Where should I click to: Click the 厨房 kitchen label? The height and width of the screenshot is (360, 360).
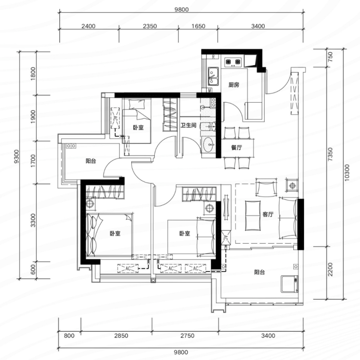(234, 85)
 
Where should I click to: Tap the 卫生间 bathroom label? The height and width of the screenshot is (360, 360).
(188, 126)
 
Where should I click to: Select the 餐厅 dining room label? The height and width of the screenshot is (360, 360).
(236, 147)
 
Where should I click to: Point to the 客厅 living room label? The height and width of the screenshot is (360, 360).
(268, 214)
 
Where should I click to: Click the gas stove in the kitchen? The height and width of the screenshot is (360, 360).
(233, 62)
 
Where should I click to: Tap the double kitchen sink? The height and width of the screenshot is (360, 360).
(214, 76)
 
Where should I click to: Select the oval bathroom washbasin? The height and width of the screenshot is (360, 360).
(209, 144)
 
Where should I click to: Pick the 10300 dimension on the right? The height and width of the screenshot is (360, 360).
(347, 173)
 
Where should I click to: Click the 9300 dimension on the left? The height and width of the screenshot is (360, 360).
(17, 156)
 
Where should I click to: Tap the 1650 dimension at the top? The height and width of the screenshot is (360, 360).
(198, 26)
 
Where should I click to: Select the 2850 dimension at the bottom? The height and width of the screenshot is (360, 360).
(121, 336)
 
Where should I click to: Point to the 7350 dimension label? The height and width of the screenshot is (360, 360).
(330, 154)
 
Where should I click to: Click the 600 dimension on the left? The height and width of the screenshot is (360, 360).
(33, 270)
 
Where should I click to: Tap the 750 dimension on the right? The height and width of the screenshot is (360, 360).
(330, 57)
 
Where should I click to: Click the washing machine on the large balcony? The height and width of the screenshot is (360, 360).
(289, 284)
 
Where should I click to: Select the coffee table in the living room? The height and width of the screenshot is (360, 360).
(253, 216)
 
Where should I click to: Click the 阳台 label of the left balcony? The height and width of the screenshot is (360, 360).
(91, 161)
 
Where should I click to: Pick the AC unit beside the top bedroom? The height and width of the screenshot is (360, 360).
(115, 118)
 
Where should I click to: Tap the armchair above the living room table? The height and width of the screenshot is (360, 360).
(266, 187)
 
